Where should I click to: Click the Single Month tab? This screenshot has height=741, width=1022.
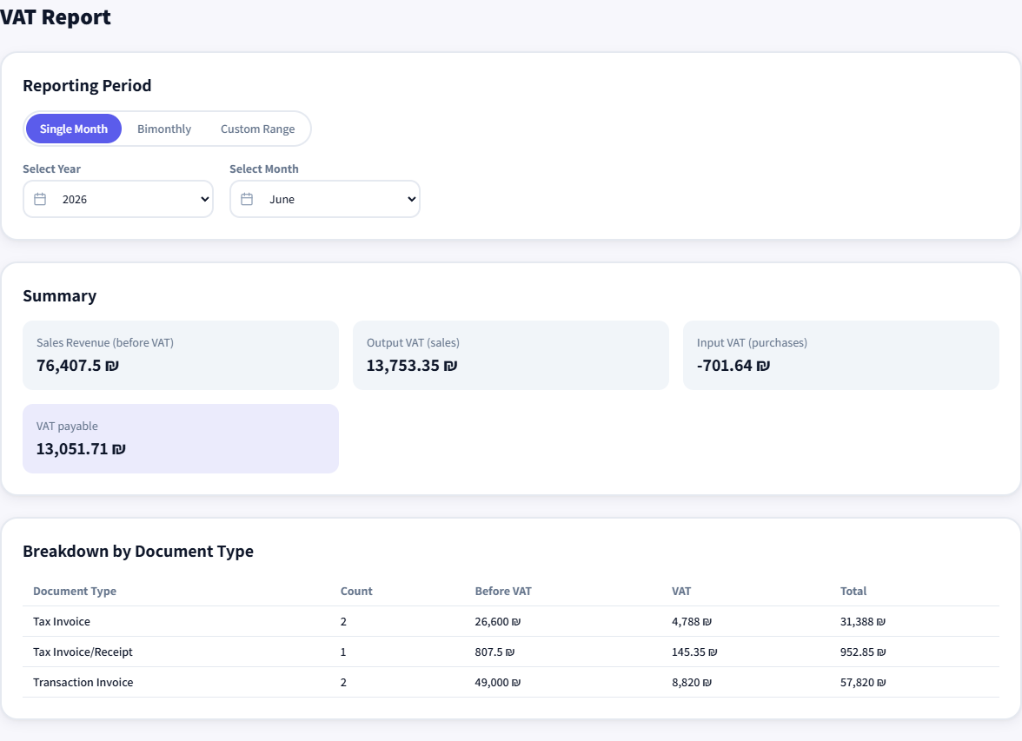[x=74, y=129]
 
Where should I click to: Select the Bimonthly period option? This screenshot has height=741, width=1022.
[x=164, y=129]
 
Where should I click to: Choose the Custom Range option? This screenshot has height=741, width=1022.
[x=257, y=129]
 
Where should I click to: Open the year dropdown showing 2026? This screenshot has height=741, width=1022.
[x=118, y=200]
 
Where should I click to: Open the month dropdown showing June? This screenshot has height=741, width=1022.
[x=325, y=200]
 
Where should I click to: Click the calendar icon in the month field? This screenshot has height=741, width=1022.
[x=247, y=200]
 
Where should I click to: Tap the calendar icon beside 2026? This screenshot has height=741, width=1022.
[x=40, y=200]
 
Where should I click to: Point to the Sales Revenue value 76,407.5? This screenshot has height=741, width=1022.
[x=77, y=366]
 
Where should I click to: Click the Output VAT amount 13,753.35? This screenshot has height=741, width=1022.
[x=412, y=366]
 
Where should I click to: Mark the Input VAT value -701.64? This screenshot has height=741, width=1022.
[x=733, y=366]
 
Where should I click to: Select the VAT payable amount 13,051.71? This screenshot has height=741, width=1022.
[x=81, y=449]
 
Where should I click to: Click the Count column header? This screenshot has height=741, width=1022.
[x=356, y=591]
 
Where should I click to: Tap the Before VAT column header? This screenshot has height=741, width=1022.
[x=503, y=591]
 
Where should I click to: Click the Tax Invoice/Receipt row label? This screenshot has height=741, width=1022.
[x=83, y=652]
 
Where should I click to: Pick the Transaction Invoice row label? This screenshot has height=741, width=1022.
[x=83, y=682]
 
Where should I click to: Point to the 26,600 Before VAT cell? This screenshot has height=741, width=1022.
[x=498, y=622]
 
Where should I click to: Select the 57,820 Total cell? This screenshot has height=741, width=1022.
[x=863, y=682]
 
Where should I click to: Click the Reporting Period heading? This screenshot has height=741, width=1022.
[x=87, y=85]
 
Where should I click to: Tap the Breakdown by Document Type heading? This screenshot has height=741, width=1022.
[x=138, y=552]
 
